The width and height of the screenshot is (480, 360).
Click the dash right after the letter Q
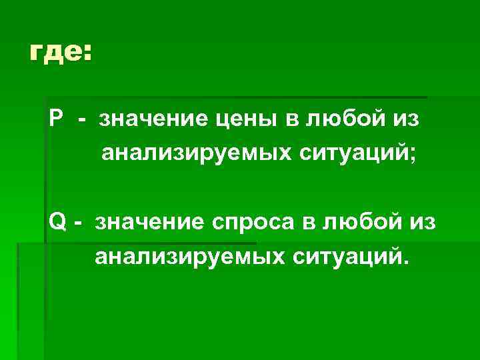(79, 222)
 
